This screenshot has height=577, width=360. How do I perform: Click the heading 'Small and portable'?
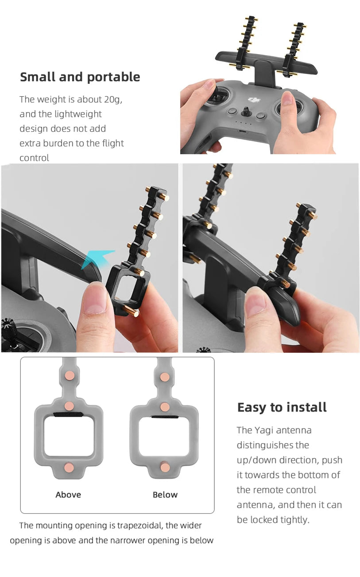[x=80, y=77]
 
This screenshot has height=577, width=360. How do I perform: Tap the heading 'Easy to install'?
[x=282, y=407]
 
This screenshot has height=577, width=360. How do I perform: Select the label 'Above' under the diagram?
[x=68, y=495]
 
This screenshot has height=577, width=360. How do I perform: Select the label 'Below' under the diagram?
[x=165, y=495]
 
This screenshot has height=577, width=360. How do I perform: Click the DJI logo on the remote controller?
[x=253, y=101]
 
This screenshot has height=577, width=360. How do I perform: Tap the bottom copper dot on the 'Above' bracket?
[x=69, y=467]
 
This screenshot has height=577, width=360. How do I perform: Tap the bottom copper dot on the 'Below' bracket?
[x=165, y=467]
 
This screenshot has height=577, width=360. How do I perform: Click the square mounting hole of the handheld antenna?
[x=126, y=291]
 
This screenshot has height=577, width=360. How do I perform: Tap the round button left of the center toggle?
[x=231, y=113]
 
